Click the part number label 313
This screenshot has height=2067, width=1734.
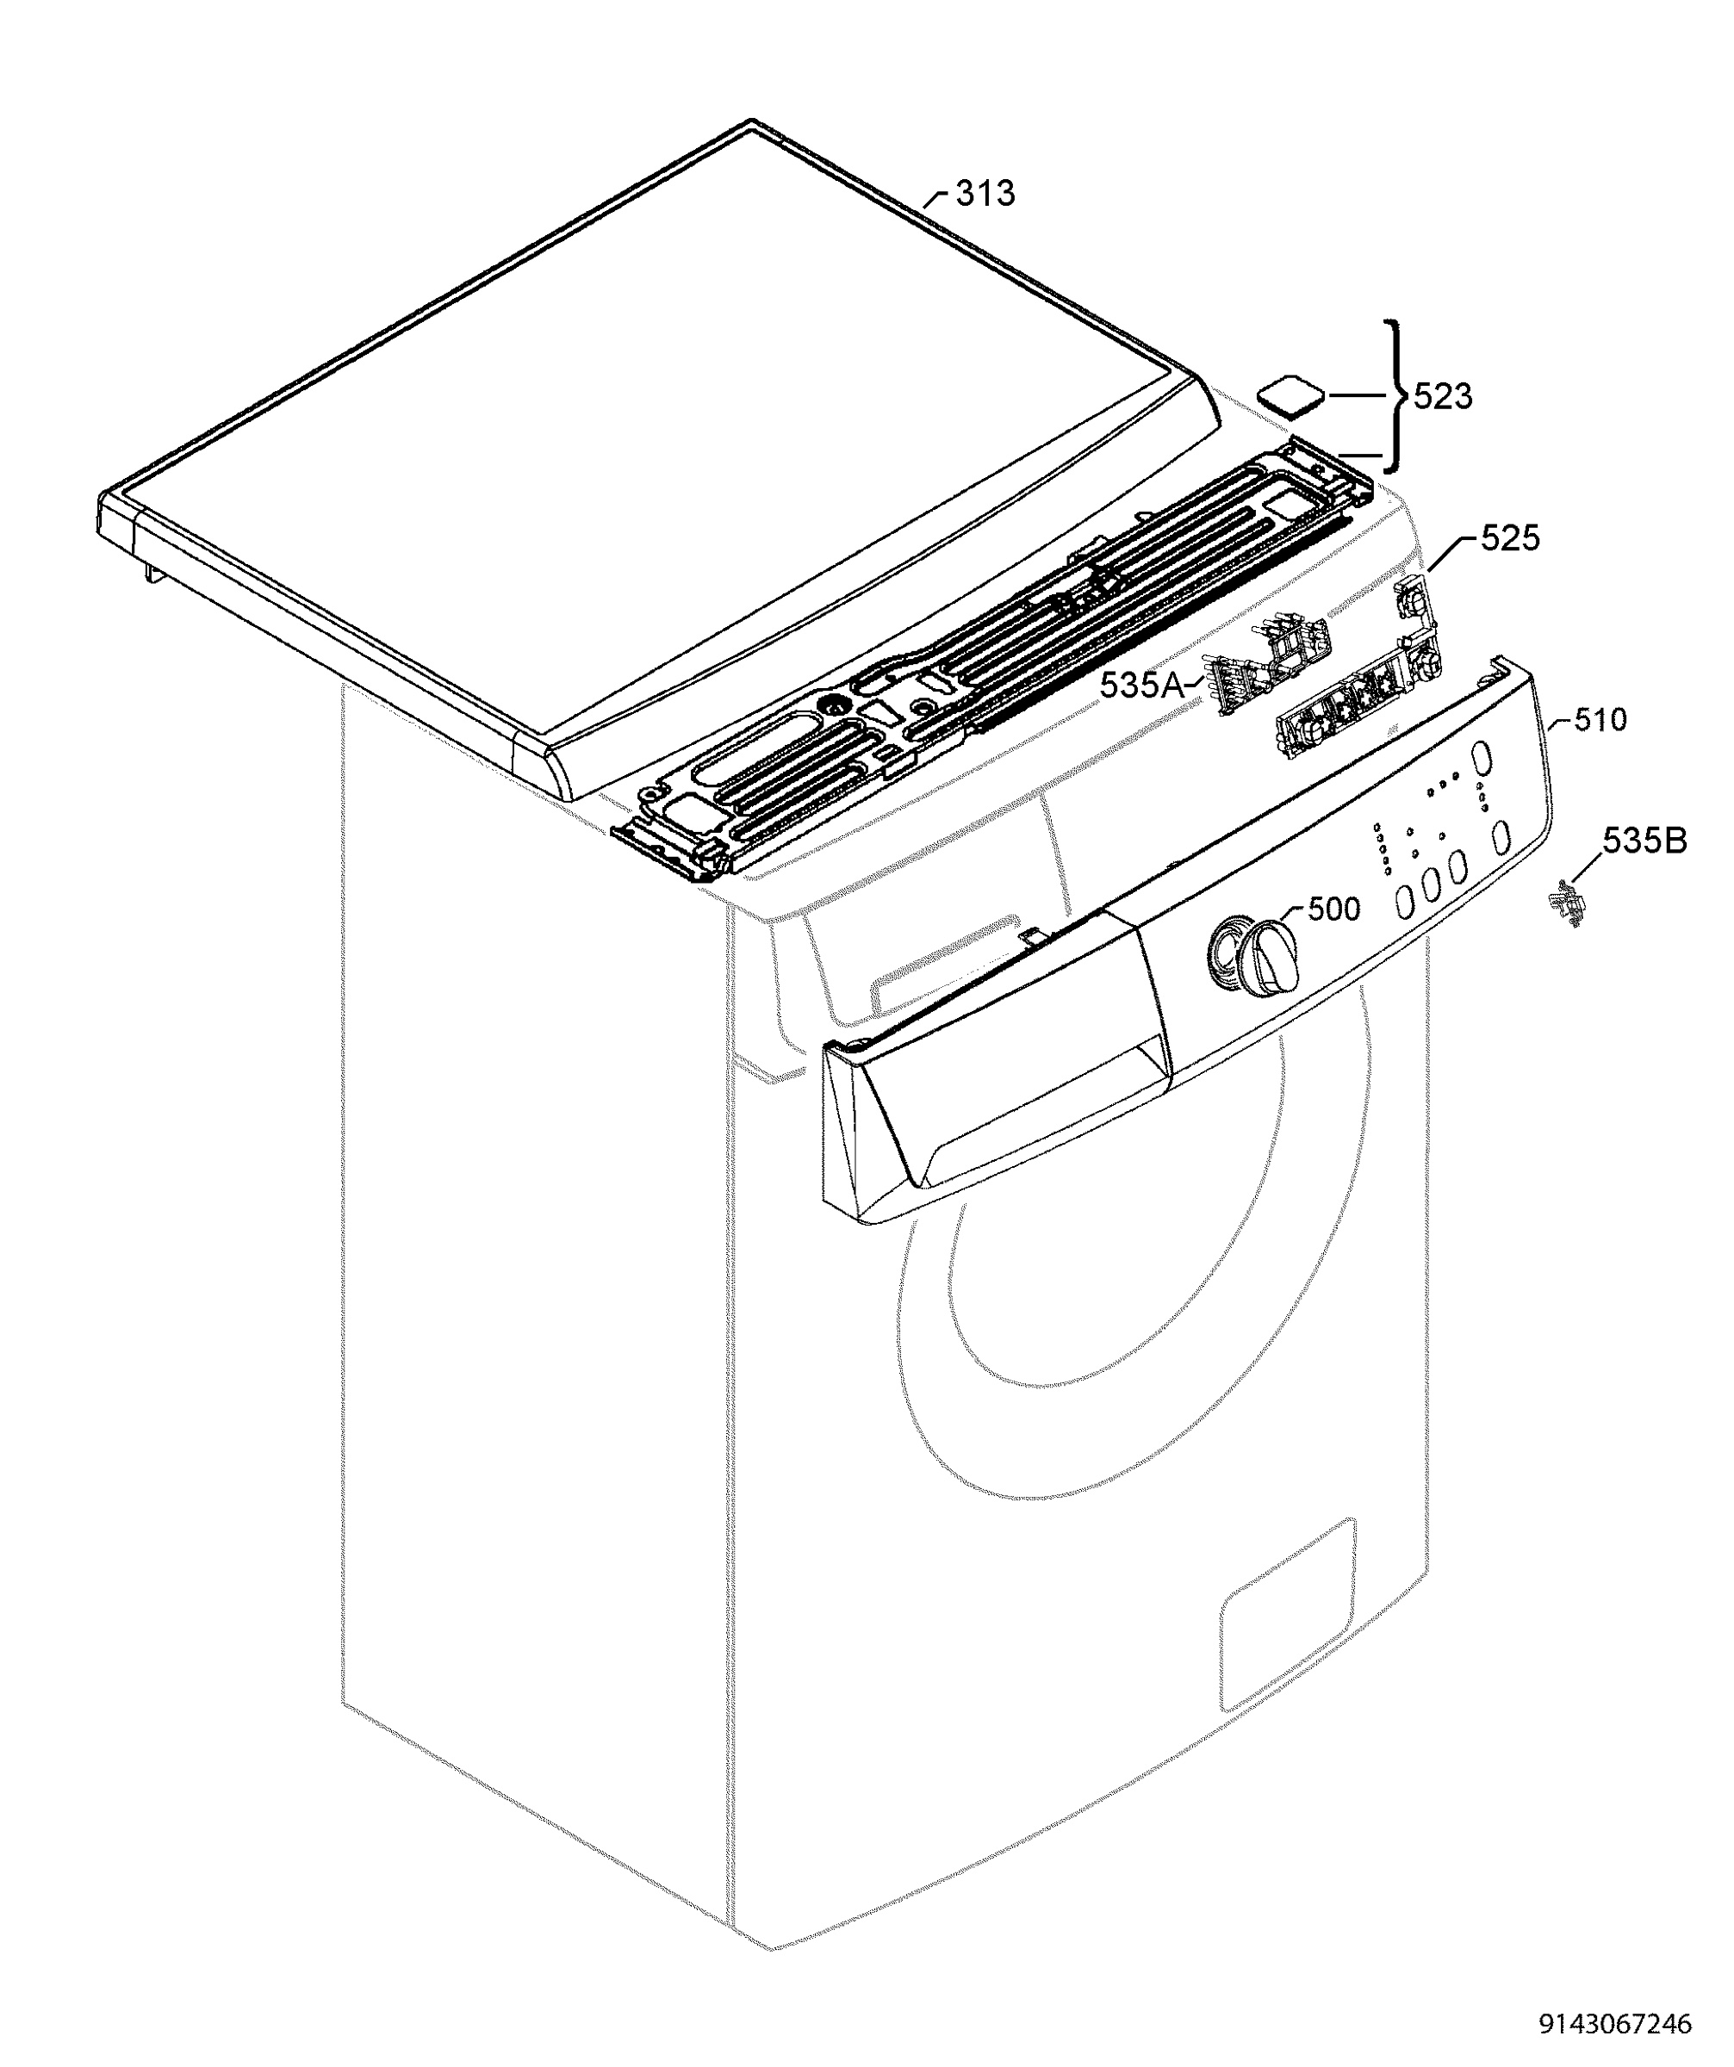pos(985,194)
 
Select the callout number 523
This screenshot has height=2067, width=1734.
pos(1443,397)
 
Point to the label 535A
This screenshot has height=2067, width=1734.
pos(1142,685)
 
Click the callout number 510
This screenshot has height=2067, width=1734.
pos(1600,721)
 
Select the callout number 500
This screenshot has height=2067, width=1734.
pos(1333,909)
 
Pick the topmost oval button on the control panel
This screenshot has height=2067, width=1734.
pos(1479,762)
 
